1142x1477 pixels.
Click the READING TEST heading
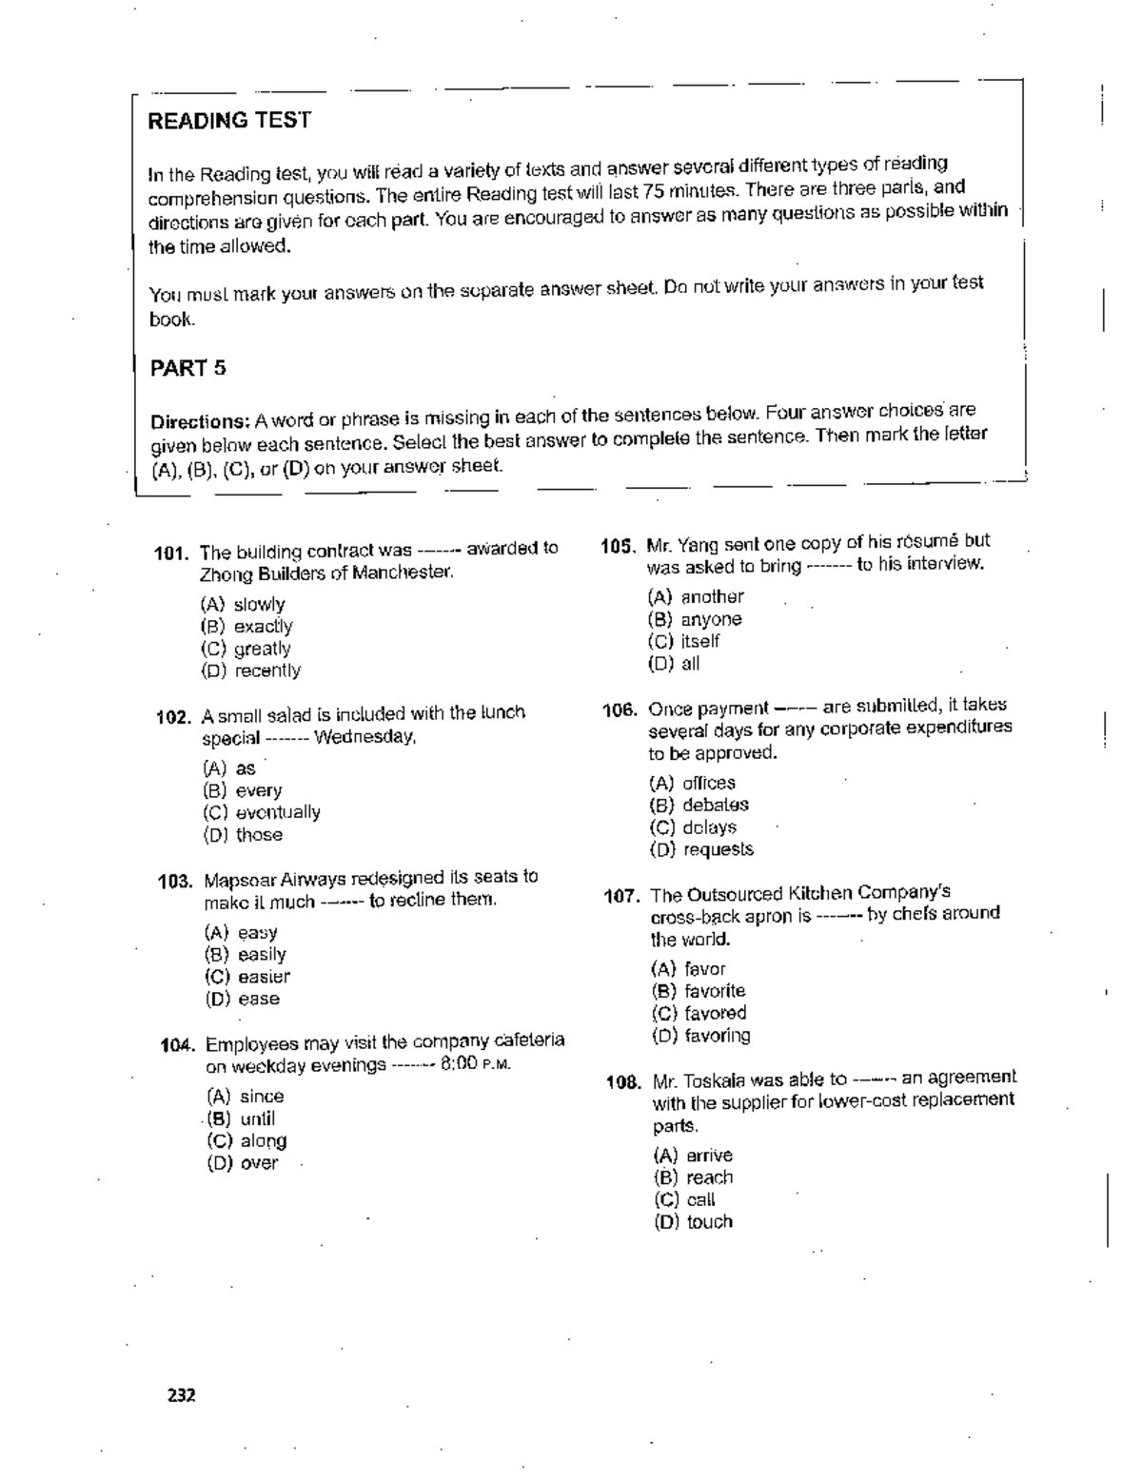229,121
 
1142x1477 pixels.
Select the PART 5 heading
188,368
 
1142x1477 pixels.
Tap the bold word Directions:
199,421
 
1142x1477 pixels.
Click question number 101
173,553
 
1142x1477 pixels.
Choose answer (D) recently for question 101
250,670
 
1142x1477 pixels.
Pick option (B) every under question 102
243,790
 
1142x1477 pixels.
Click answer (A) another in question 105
696,597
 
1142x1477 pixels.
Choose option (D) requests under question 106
701,849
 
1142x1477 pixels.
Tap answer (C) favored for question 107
699,1013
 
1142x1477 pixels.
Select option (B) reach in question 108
694,1177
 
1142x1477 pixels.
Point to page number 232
181,1396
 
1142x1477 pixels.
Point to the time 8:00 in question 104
459,1064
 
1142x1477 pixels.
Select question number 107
622,896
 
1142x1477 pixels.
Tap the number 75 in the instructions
653,193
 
